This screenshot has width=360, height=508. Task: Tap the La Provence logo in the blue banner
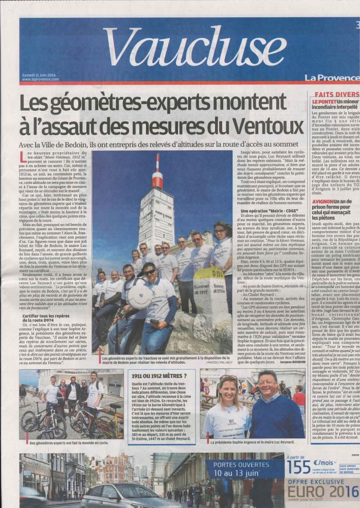click(332, 78)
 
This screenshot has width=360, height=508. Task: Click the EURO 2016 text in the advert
click(323, 492)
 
